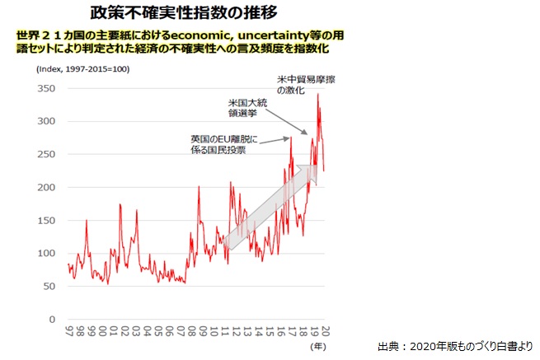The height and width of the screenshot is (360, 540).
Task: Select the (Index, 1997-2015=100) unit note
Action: tap(82, 69)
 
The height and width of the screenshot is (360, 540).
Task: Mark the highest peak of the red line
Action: tap(317, 95)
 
